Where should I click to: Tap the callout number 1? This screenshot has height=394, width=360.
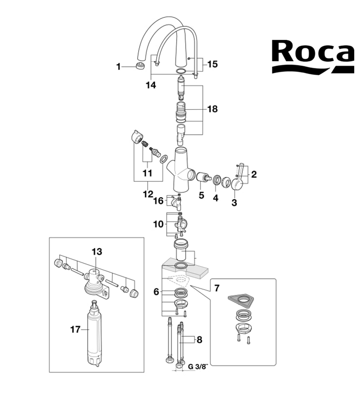coord(118,67)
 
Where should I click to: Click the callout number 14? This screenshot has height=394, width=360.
coord(151,85)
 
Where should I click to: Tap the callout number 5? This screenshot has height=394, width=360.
coord(201,196)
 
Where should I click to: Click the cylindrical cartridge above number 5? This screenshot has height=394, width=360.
coord(203,177)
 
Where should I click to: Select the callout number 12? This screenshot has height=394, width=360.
coord(148,195)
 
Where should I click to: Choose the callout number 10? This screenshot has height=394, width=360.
coord(158,224)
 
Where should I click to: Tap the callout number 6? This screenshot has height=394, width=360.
coord(156,291)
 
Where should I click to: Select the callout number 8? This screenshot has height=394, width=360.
coord(200,338)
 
